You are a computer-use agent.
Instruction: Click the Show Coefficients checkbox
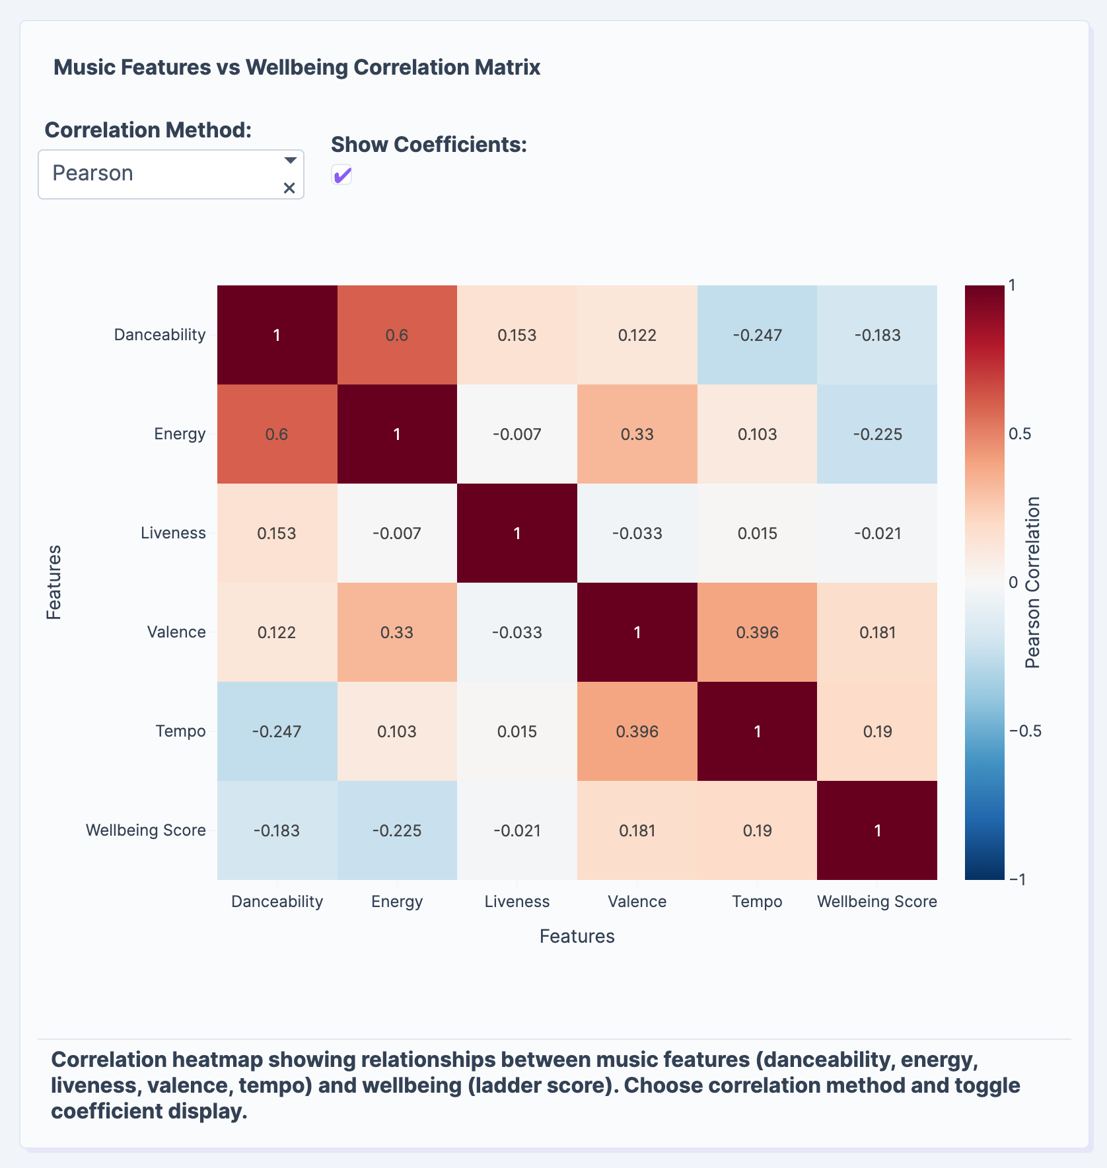click(341, 175)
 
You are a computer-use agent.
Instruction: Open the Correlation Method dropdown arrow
click(290, 161)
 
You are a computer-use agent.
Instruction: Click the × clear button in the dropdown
click(289, 188)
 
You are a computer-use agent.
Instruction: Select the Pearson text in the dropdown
click(93, 173)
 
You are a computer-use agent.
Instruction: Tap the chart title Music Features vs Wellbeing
click(297, 67)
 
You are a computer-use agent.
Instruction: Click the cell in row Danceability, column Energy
click(397, 335)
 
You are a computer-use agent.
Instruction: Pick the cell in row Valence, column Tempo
click(757, 632)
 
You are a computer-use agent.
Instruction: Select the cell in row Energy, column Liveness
click(517, 434)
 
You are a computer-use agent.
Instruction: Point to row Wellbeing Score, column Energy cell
click(397, 830)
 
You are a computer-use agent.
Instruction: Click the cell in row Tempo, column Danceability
click(277, 731)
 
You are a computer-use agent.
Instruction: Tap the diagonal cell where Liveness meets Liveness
click(517, 533)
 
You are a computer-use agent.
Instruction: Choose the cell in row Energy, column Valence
click(637, 434)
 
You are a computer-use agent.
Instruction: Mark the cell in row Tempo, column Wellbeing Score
click(877, 731)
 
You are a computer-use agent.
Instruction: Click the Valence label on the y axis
click(176, 632)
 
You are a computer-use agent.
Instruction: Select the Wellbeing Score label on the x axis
click(877, 902)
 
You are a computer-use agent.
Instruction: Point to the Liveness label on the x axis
click(517, 902)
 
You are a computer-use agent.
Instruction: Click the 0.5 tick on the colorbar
click(1020, 434)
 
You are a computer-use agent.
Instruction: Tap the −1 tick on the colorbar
click(1018, 879)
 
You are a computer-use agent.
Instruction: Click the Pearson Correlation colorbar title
click(1033, 583)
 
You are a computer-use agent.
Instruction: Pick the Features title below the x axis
click(577, 936)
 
